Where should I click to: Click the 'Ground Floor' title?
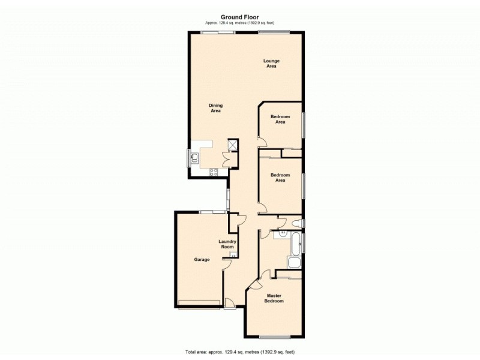tap(240, 17)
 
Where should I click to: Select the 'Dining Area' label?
tap(216, 108)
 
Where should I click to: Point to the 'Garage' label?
tap(202, 260)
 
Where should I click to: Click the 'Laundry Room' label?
tap(227, 244)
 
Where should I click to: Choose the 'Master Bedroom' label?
tap(274, 298)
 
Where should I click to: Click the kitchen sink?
tap(195, 158)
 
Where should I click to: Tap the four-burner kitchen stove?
tap(213, 173)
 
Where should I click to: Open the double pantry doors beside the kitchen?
tap(226, 160)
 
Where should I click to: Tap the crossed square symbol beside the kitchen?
tap(232, 145)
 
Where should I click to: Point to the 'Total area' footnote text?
tap(240, 351)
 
